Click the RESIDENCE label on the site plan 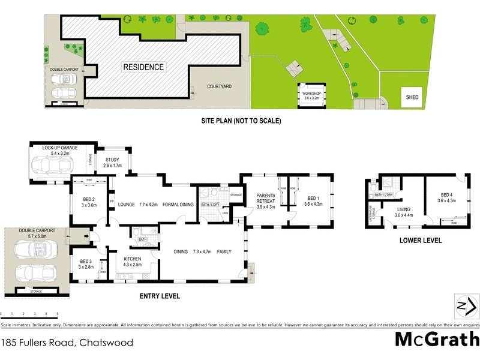pyautogui.click(x=143, y=67)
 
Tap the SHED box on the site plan pyautogui.click(x=412, y=97)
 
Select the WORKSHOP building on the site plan pyautogui.click(x=313, y=96)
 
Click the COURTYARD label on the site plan pyautogui.click(x=220, y=86)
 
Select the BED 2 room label pyautogui.click(x=89, y=201)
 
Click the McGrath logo pyautogui.click(x=436, y=339)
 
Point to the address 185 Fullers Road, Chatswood pyautogui.click(x=67, y=344)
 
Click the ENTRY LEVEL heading pyautogui.click(x=159, y=296)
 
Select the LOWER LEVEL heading pyautogui.click(x=420, y=240)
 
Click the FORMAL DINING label pyautogui.click(x=178, y=205)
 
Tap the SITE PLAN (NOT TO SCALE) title pyautogui.click(x=241, y=121)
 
